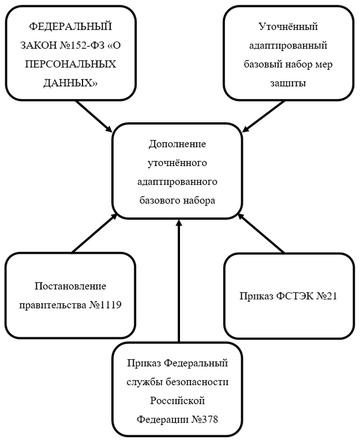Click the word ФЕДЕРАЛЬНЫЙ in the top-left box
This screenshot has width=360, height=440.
(x=70, y=25)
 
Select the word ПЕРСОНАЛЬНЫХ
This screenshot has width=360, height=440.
(x=71, y=64)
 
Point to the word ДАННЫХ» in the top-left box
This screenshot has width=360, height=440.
(x=70, y=83)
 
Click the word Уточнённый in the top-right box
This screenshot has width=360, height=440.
(x=289, y=26)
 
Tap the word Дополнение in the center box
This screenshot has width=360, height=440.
(x=177, y=144)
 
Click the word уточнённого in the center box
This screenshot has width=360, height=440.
(x=177, y=163)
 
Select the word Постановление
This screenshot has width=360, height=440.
(x=70, y=286)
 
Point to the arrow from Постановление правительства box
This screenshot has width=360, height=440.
(x=95, y=233)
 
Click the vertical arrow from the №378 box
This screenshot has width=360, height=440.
(x=178, y=283)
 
